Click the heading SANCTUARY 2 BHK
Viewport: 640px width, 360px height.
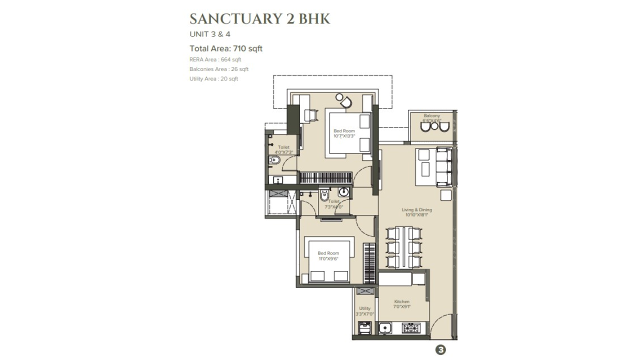coord(259,19)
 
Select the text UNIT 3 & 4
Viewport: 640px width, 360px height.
coord(210,34)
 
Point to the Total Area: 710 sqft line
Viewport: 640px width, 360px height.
coord(226,48)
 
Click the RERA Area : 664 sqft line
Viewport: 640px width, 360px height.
coord(215,59)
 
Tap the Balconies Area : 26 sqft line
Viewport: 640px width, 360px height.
coord(218,69)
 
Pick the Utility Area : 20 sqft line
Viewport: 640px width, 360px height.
coord(213,79)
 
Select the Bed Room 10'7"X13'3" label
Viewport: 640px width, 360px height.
coord(344,133)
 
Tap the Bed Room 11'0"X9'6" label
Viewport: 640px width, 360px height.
coord(328,256)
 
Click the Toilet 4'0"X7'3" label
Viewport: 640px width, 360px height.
coord(283,149)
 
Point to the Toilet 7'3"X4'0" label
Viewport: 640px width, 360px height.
coord(334,204)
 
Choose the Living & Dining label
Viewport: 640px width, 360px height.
coord(416,212)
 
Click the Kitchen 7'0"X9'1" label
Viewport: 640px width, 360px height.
coord(401,304)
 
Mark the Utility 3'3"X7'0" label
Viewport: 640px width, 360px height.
coord(364,311)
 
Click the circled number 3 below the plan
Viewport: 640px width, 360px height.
coord(440,350)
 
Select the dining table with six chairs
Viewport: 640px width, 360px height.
coord(403,247)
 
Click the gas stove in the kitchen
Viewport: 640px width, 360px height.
coord(411,328)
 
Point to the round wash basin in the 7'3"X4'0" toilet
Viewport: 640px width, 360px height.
coord(343,191)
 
